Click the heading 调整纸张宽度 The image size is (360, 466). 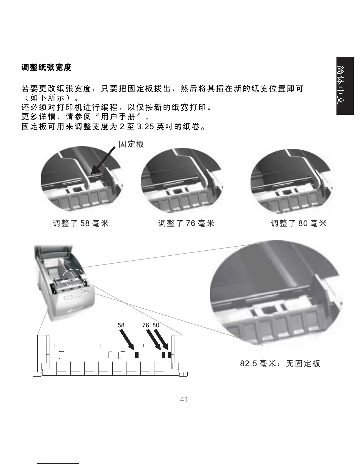point(46,67)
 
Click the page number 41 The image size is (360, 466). point(184,400)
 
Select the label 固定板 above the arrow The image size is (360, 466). point(131,144)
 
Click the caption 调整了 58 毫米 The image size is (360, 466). point(81,223)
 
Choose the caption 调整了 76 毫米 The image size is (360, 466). point(186,223)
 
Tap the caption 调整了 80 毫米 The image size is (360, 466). point(299,223)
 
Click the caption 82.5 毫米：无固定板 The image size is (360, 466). point(280,364)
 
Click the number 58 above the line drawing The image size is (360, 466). point(121,325)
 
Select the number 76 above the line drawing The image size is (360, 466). point(146,325)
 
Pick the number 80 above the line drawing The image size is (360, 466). point(156,325)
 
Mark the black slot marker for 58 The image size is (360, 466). point(137,355)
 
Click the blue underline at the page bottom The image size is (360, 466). point(59,463)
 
